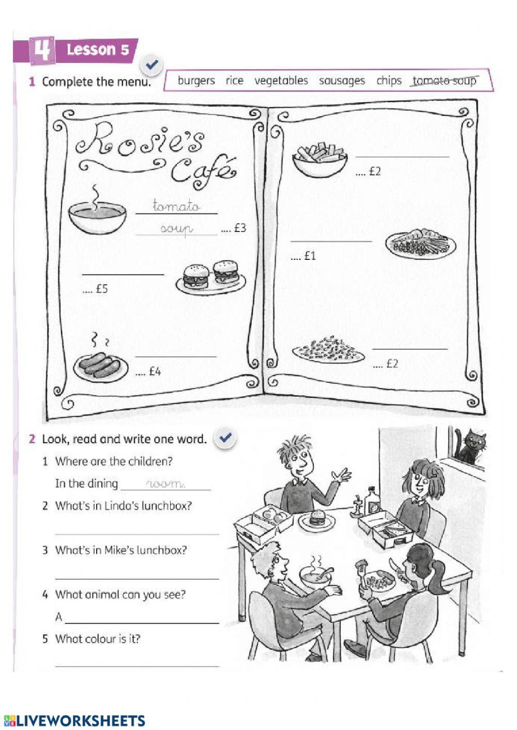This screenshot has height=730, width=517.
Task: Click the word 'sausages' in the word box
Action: (x=342, y=81)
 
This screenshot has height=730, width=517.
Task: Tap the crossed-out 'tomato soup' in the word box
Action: (x=444, y=81)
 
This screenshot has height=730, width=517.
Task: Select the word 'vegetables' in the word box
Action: (x=281, y=81)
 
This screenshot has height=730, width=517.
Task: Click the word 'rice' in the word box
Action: (x=234, y=81)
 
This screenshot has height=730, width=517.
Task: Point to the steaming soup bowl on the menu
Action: (x=97, y=216)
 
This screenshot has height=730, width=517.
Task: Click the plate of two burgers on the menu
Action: (x=211, y=276)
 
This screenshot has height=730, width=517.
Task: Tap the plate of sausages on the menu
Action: (x=100, y=365)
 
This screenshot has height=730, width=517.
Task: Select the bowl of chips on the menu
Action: (x=320, y=160)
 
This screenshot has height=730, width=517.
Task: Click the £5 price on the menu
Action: (x=96, y=289)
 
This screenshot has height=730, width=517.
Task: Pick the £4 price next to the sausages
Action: (x=149, y=371)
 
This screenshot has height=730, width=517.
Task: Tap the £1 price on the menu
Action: (x=303, y=256)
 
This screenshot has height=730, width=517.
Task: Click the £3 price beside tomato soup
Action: (x=234, y=228)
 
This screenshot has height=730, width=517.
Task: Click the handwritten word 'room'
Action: (x=165, y=484)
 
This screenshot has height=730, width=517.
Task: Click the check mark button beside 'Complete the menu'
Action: (x=152, y=65)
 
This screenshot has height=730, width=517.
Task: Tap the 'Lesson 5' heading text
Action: (x=98, y=50)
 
